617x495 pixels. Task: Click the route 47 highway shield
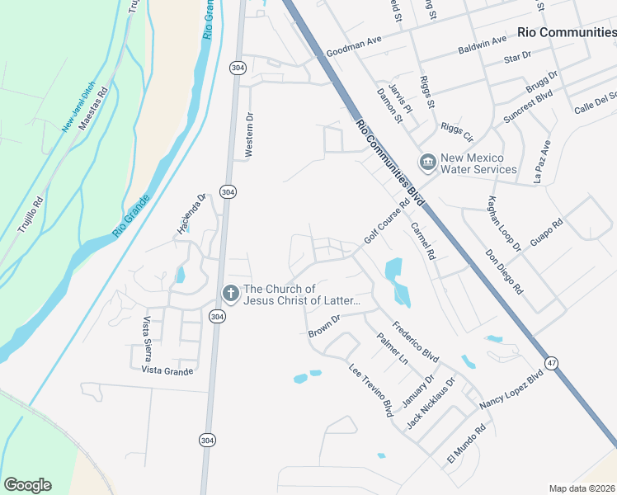550,364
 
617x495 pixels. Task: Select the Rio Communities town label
566,32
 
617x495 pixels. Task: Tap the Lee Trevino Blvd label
370,390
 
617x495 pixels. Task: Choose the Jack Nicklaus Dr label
431,404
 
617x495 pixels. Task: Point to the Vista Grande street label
167,371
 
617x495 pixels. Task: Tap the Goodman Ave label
354,51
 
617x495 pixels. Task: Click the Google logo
27,485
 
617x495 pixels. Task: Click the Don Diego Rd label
504,272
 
